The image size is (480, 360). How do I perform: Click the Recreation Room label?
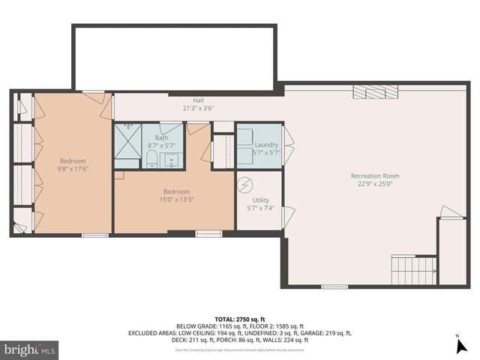(x=372, y=176)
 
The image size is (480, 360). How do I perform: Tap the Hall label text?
(x=198, y=100)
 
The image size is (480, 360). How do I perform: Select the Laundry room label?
(x=266, y=145)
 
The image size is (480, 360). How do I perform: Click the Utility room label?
(x=260, y=200)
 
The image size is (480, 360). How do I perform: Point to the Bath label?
(x=162, y=138)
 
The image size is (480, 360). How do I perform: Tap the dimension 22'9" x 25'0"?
(x=372, y=184)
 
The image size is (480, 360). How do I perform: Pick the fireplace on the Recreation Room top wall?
(x=376, y=91)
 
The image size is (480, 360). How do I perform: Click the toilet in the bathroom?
(x=151, y=158)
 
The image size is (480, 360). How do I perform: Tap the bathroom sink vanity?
(x=172, y=159)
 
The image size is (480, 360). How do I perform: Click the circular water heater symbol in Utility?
(x=245, y=184)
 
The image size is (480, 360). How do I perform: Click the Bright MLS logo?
(x=30, y=349)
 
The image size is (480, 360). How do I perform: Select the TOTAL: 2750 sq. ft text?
(x=240, y=319)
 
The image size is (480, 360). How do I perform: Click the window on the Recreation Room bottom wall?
(x=334, y=286)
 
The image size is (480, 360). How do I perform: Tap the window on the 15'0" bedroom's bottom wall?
(x=208, y=234)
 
